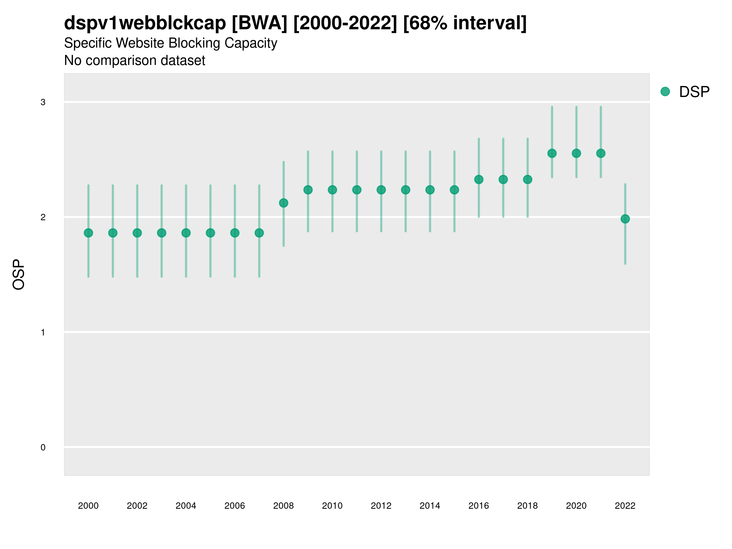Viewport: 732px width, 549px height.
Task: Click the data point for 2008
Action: pyautogui.click(x=284, y=203)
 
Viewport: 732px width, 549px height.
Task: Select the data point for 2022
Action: pyautogui.click(x=625, y=219)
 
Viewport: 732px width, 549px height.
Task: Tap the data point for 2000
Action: pyautogui.click(x=88, y=233)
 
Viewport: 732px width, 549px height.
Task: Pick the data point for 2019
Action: pyautogui.click(x=552, y=153)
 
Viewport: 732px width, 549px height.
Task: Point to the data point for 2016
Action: pyautogui.click(x=479, y=179)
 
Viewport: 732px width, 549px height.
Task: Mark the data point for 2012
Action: pyautogui.click(x=381, y=190)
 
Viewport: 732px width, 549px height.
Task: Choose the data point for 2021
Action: pyautogui.click(x=601, y=153)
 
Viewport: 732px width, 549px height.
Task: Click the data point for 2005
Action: pyautogui.click(x=210, y=233)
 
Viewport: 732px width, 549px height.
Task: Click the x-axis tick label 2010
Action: pyautogui.click(x=332, y=506)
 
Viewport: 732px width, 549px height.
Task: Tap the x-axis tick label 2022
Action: pyautogui.click(x=625, y=506)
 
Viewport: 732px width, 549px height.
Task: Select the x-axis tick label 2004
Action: pyautogui.click(x=186, y=506)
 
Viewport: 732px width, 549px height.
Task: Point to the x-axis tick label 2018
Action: pyautogui.click(x=527, y=506)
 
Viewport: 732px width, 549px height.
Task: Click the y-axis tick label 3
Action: pyautogui.click(x=43, y=102)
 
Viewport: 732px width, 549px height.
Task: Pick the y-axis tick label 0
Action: pyautogui.click(x=43, y=447)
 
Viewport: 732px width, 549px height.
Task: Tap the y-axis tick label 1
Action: pyautogui.click(x=43, y=332)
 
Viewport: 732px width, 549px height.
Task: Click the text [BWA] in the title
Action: pyautogui.click(x=260, y=23)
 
